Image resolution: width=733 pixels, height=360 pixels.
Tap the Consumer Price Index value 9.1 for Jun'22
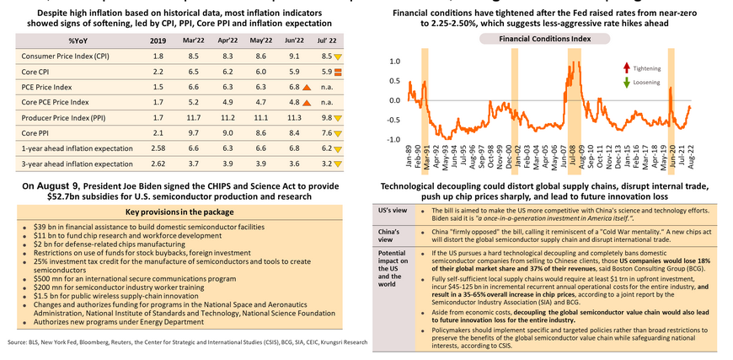[293, 56]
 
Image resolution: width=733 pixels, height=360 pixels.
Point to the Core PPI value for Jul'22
[324, 132]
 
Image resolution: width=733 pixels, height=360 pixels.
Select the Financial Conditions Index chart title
[545, 40]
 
